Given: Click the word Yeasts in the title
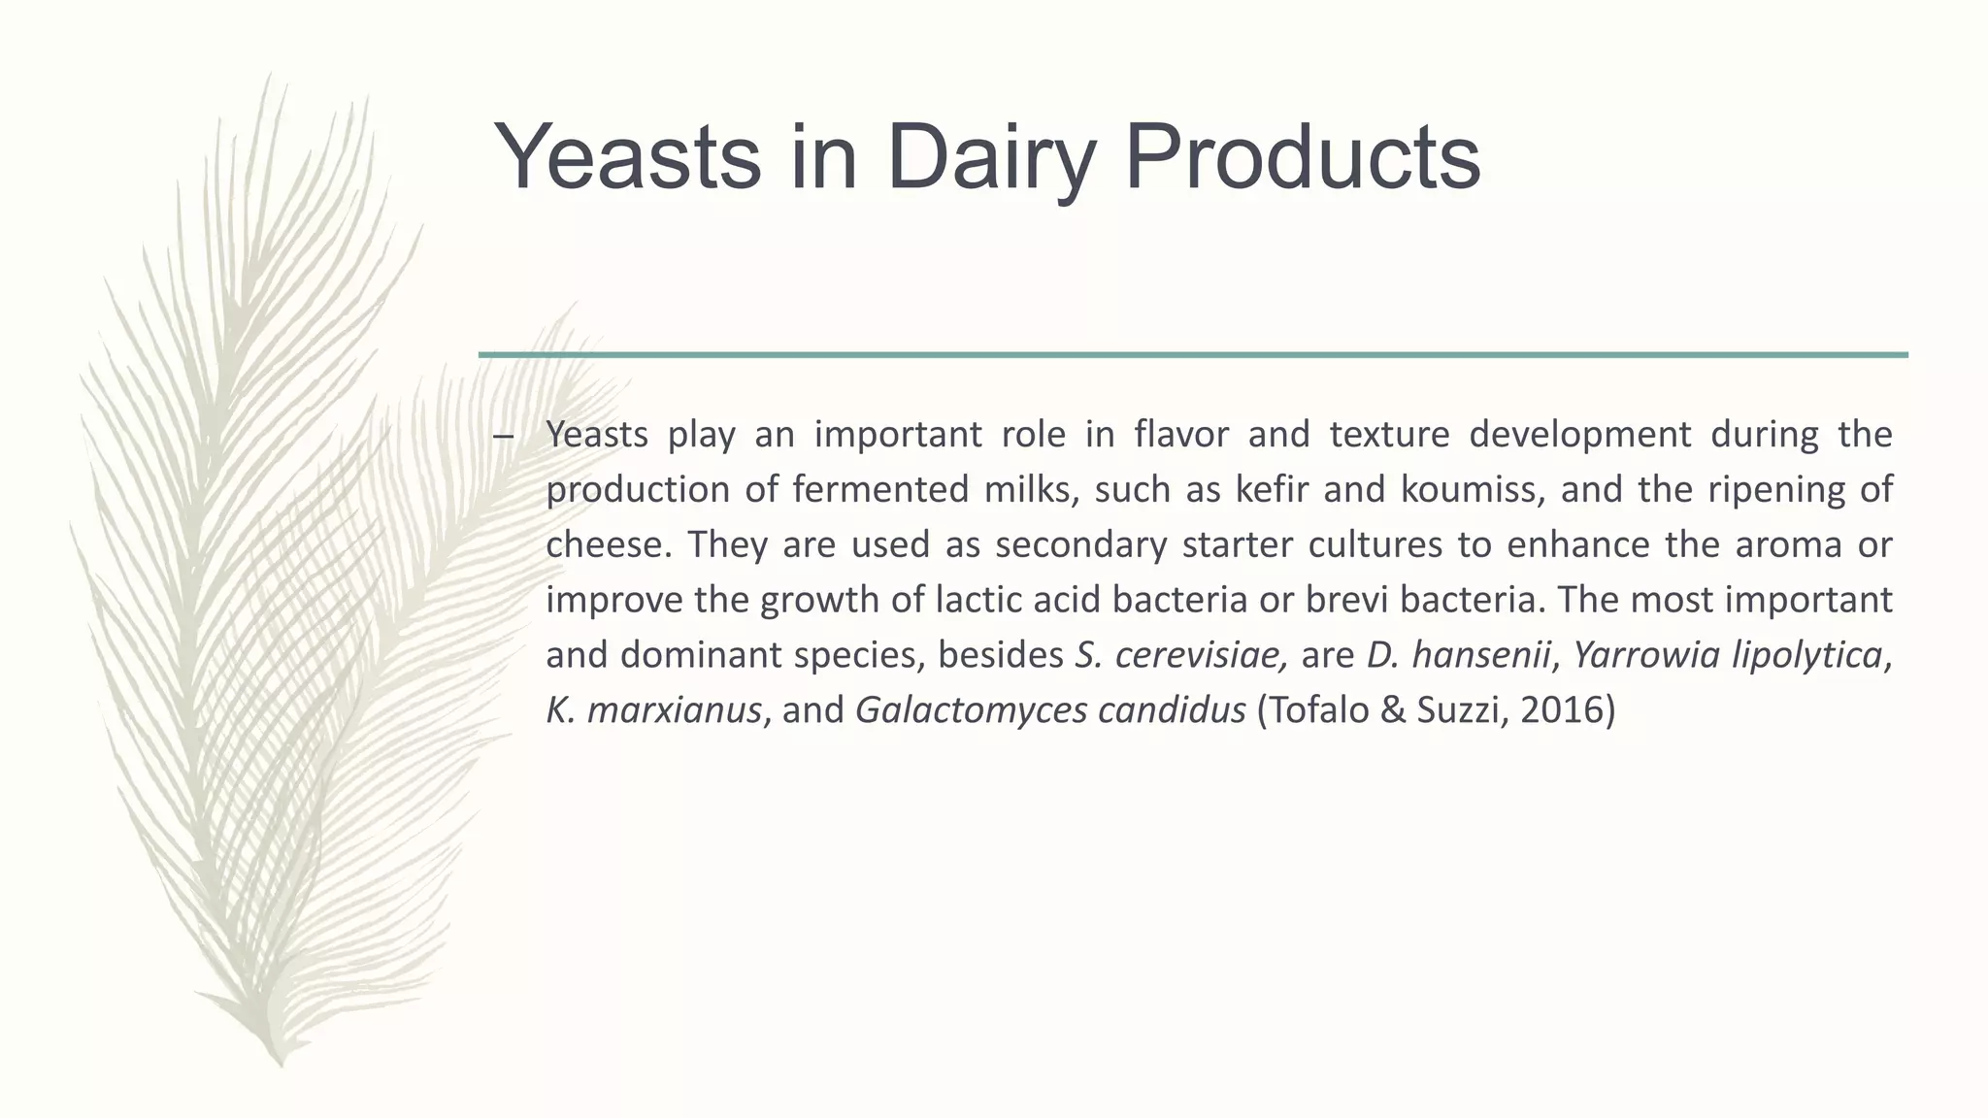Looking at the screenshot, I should click(x=627, y=157).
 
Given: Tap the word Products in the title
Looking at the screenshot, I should click(x=1301, y=157).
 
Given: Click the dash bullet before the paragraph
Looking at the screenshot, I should click(x=502, y=436).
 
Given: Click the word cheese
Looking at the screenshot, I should click(x=608, y=544).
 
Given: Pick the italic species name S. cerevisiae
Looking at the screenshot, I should click(x=1181, y=655).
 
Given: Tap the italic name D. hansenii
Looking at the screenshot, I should click(x=1457, y=655).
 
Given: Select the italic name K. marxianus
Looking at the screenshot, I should click(x=653, y=710).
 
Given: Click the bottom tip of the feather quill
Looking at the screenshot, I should click(x=281, y=1064).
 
